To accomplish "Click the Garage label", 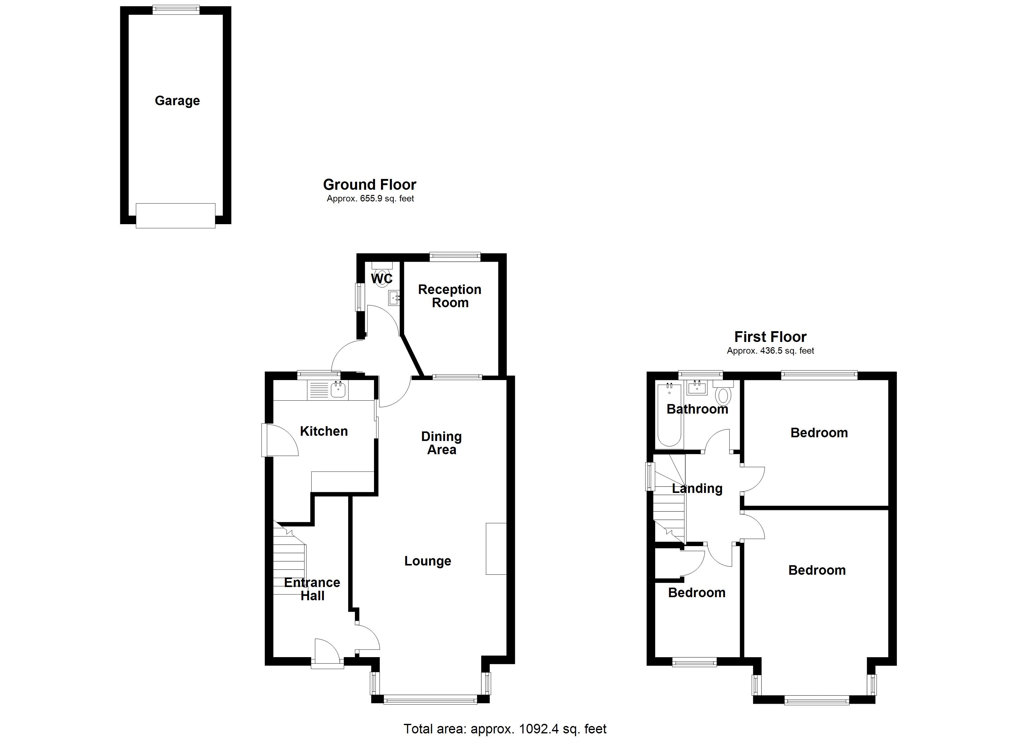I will tap(177, 101).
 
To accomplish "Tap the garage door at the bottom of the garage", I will tap(175, 216).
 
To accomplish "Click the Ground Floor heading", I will tap(370, 184).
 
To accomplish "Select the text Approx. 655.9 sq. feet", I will tap(370, 199).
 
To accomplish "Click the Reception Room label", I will tap(450, 296).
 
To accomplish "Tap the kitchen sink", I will tap(338, 390).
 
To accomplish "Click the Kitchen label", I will tap(324, 431).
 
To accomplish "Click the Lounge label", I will tap(428, 561).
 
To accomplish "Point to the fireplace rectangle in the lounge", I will tap(496, 548).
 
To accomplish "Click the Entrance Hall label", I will tap(312, 589).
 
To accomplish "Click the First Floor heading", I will tap(770, 336).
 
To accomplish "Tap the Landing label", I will tap(697, 488).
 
